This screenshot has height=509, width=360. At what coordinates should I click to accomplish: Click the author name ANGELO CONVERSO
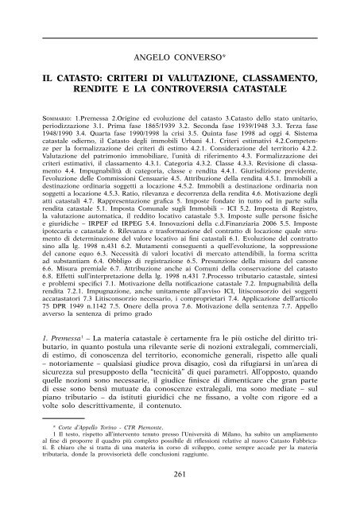(x=179, y=58)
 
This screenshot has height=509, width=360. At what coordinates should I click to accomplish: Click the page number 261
(x=179, y=496)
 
